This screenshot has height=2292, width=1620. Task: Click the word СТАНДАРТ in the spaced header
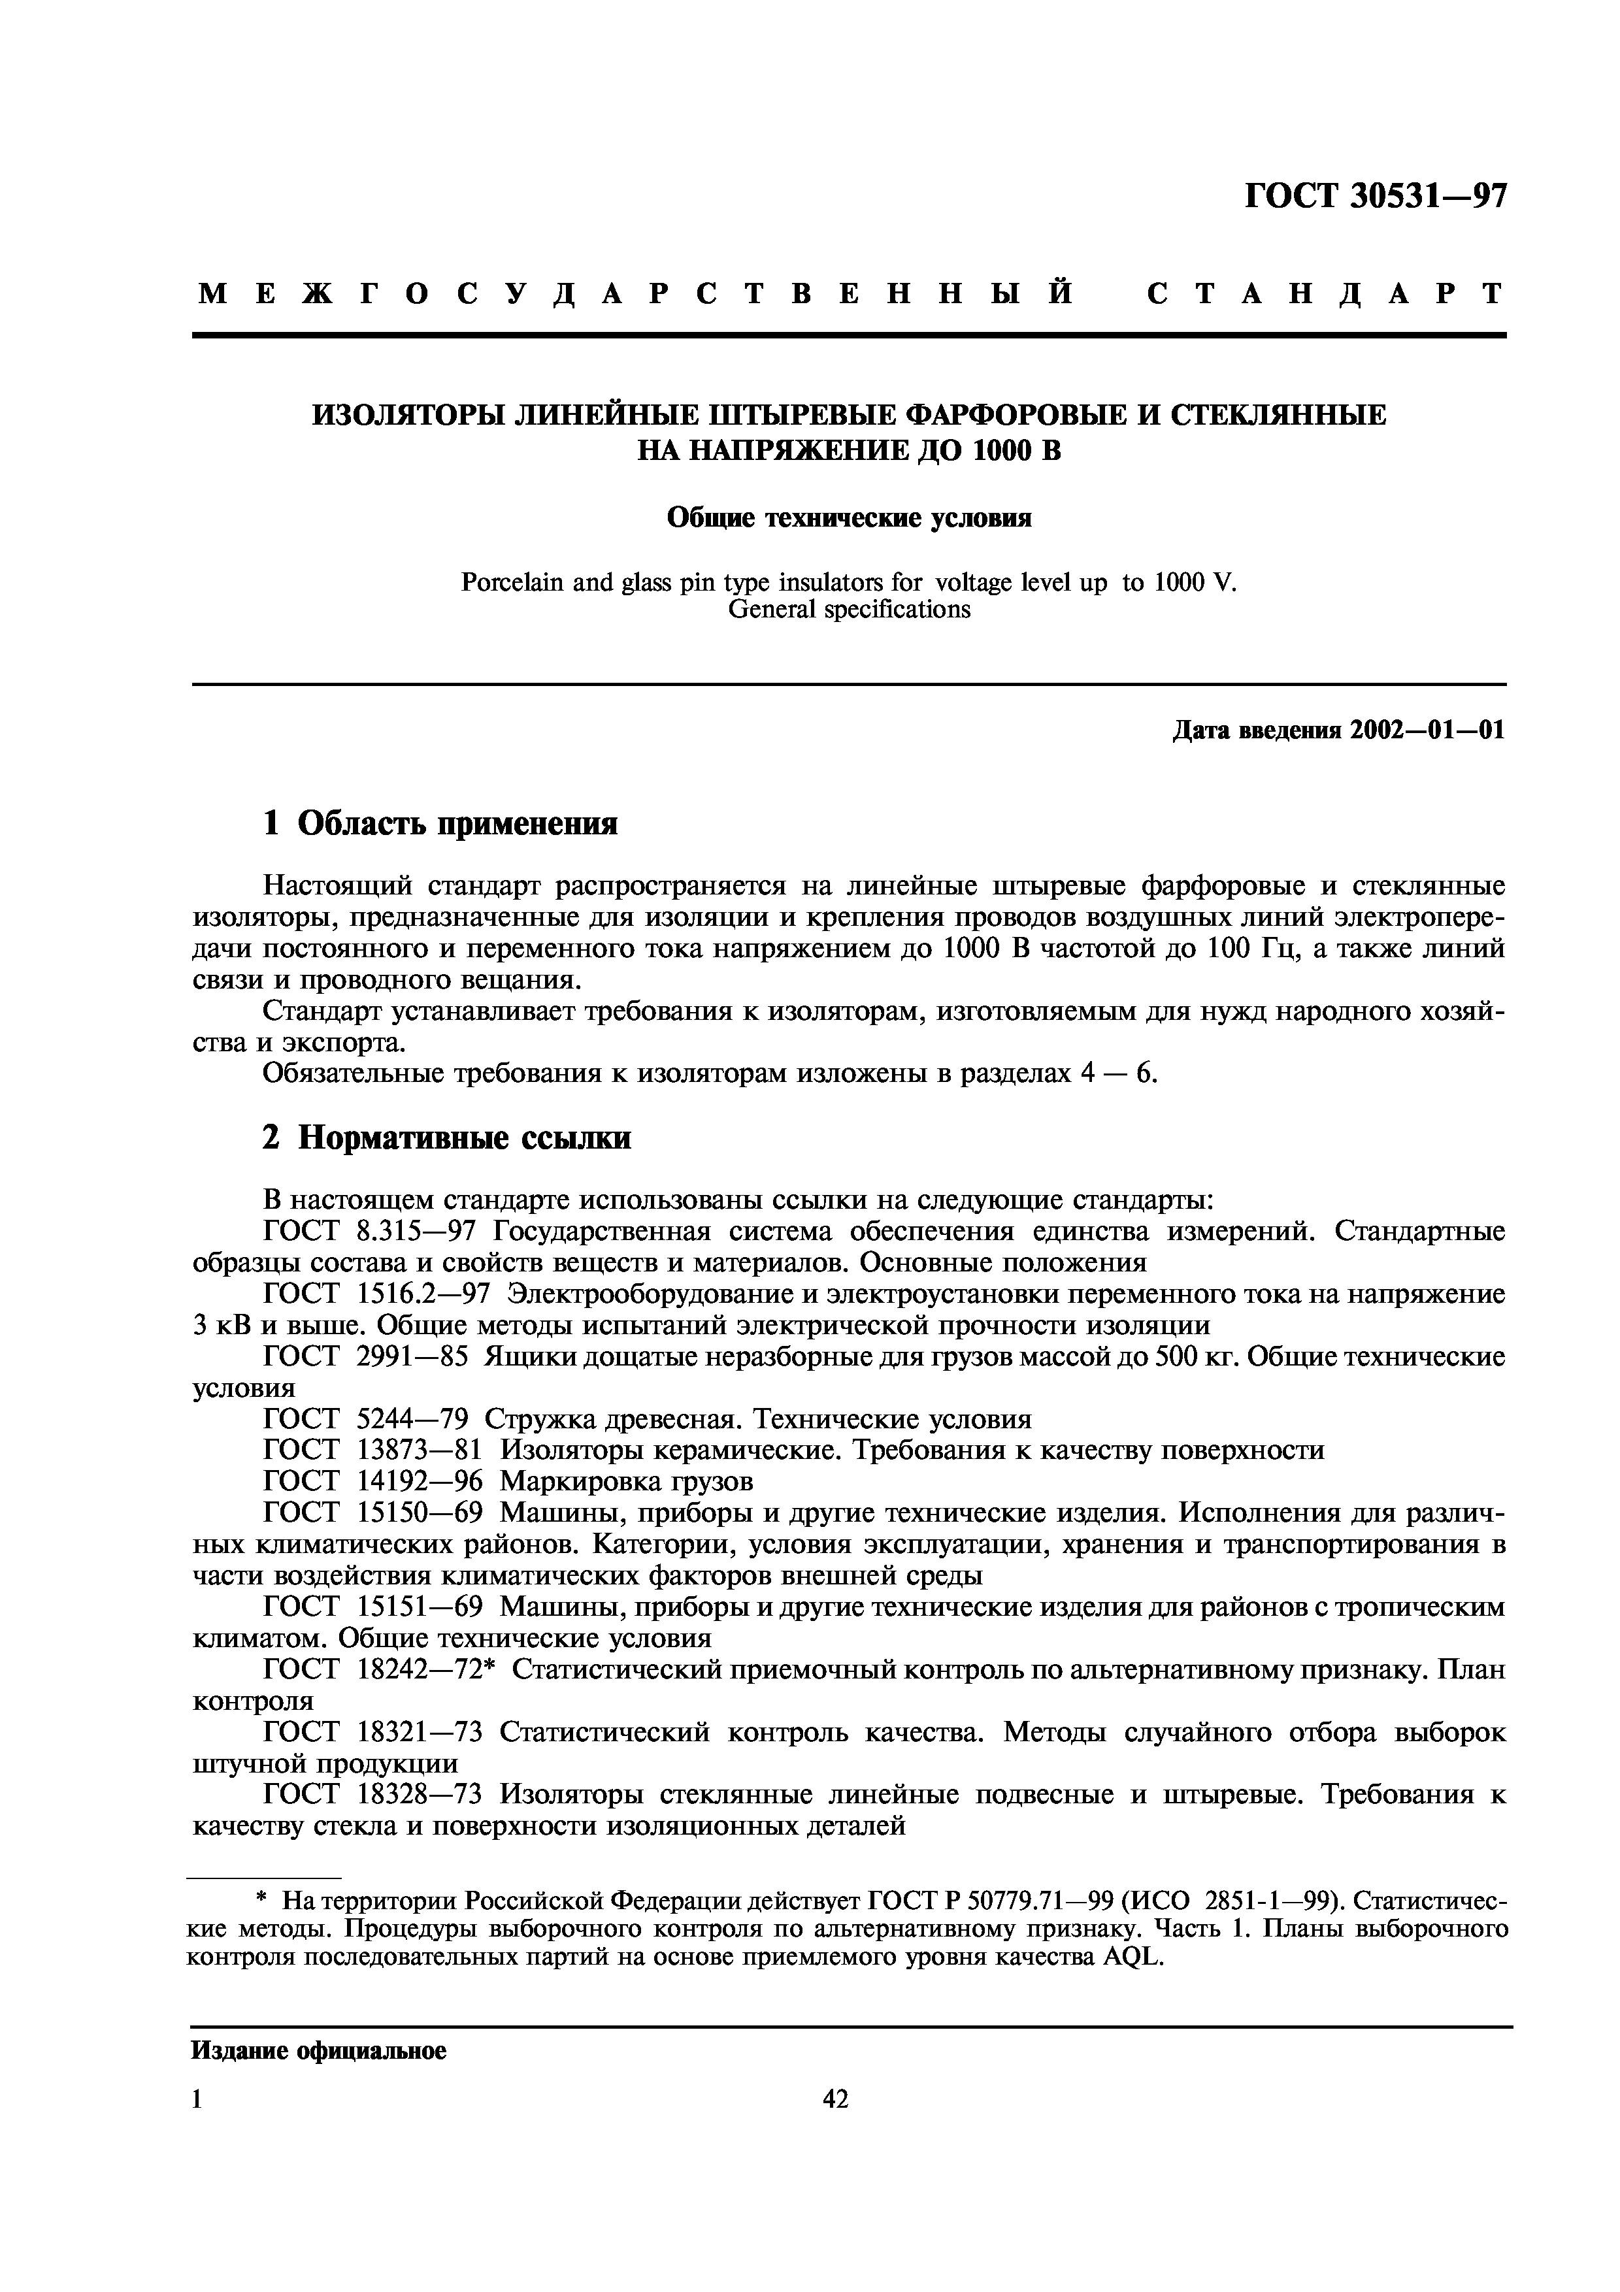[1325, 293]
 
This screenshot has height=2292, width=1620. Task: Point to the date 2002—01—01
[1427, 730]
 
